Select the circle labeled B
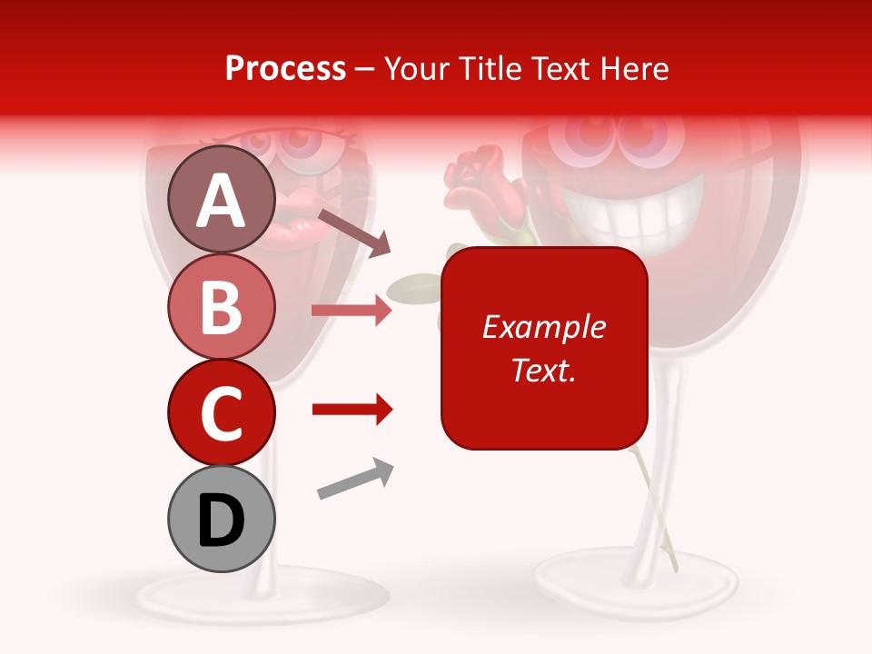222,306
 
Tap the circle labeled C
222,412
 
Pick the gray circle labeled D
222,519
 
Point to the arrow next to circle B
352,311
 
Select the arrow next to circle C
352,411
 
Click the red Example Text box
544,348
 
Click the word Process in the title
285,68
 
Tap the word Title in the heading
490,68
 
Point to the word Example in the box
544,327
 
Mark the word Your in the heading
415,68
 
